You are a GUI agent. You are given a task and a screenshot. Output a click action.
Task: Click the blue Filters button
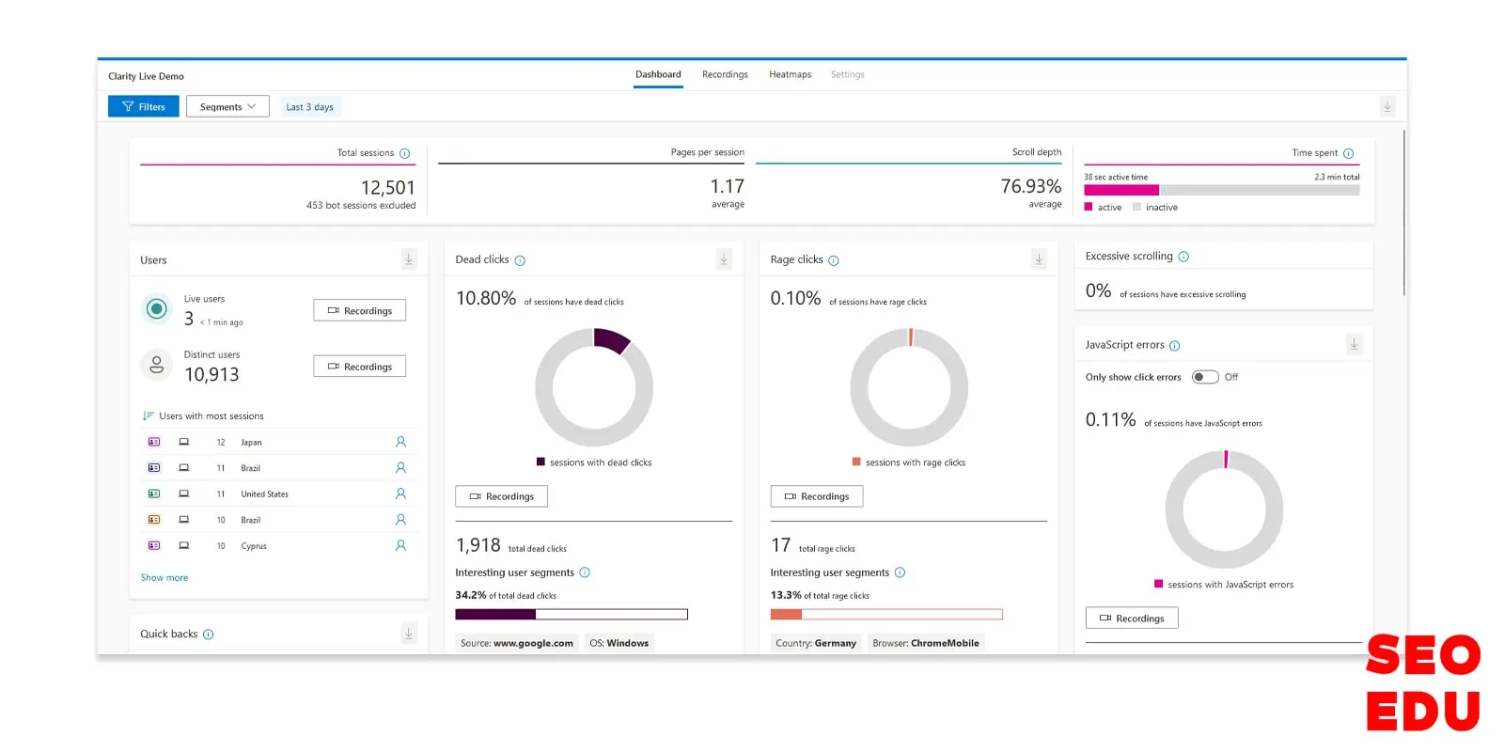coord(143,107)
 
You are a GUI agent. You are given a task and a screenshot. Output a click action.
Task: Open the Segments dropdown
coord(227,107)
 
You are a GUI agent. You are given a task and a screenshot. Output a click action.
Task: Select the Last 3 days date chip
coord(309,107)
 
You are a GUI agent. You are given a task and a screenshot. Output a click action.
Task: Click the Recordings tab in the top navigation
coord(725,75)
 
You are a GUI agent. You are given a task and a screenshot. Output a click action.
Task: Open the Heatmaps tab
coord(790,75)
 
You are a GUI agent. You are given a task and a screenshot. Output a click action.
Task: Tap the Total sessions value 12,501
coord(387,188)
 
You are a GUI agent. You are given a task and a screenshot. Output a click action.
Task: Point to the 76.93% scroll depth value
coord(1030,187)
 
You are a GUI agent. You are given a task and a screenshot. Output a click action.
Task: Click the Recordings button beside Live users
coord(359,311)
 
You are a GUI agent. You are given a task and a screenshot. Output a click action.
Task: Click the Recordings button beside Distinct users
coord(359,367)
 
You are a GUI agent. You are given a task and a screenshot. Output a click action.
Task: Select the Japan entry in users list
coord(251,443)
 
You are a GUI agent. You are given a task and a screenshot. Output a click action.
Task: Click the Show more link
coord(164,578)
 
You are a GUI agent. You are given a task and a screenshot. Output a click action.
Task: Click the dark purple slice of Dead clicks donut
coord(612,340)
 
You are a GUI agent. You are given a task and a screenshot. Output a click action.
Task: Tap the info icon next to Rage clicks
coord(834,260)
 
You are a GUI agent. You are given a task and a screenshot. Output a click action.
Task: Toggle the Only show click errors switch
coord(1205,377)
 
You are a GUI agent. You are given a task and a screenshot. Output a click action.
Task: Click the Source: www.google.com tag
coord(516,644)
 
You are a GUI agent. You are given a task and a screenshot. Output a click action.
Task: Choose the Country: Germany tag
coord(816,644)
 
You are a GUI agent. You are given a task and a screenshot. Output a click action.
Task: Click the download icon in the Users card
coord(409,259)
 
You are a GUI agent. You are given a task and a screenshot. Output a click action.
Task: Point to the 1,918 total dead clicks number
coord(478,546)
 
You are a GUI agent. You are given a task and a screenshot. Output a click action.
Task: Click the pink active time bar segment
coord(1121,191)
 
